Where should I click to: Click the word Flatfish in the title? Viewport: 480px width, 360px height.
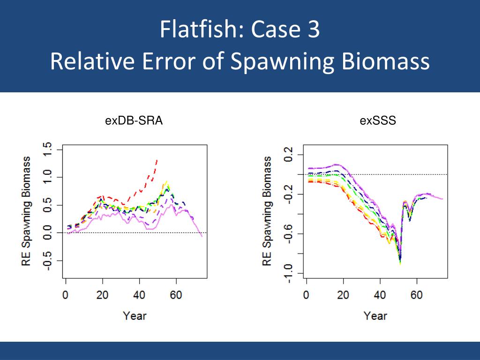tap(197, 30)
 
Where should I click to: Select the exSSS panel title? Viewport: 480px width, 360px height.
tap(378, 121)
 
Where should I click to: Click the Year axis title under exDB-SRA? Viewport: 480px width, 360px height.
tap(135, 315)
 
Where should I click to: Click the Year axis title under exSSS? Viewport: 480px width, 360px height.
tap(375, 315)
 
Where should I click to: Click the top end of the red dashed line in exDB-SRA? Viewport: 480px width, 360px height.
tap(157, 160)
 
